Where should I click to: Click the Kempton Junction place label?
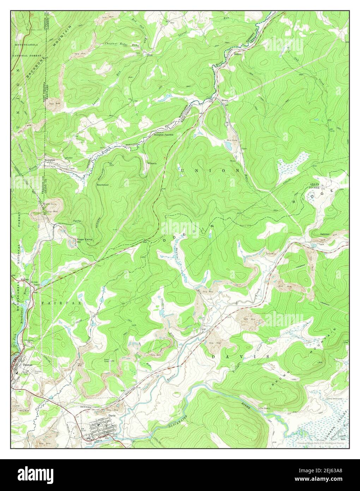pos(164,135)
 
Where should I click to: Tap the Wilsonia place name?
pos(152,163)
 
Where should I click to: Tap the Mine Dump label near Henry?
pos(231,140)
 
